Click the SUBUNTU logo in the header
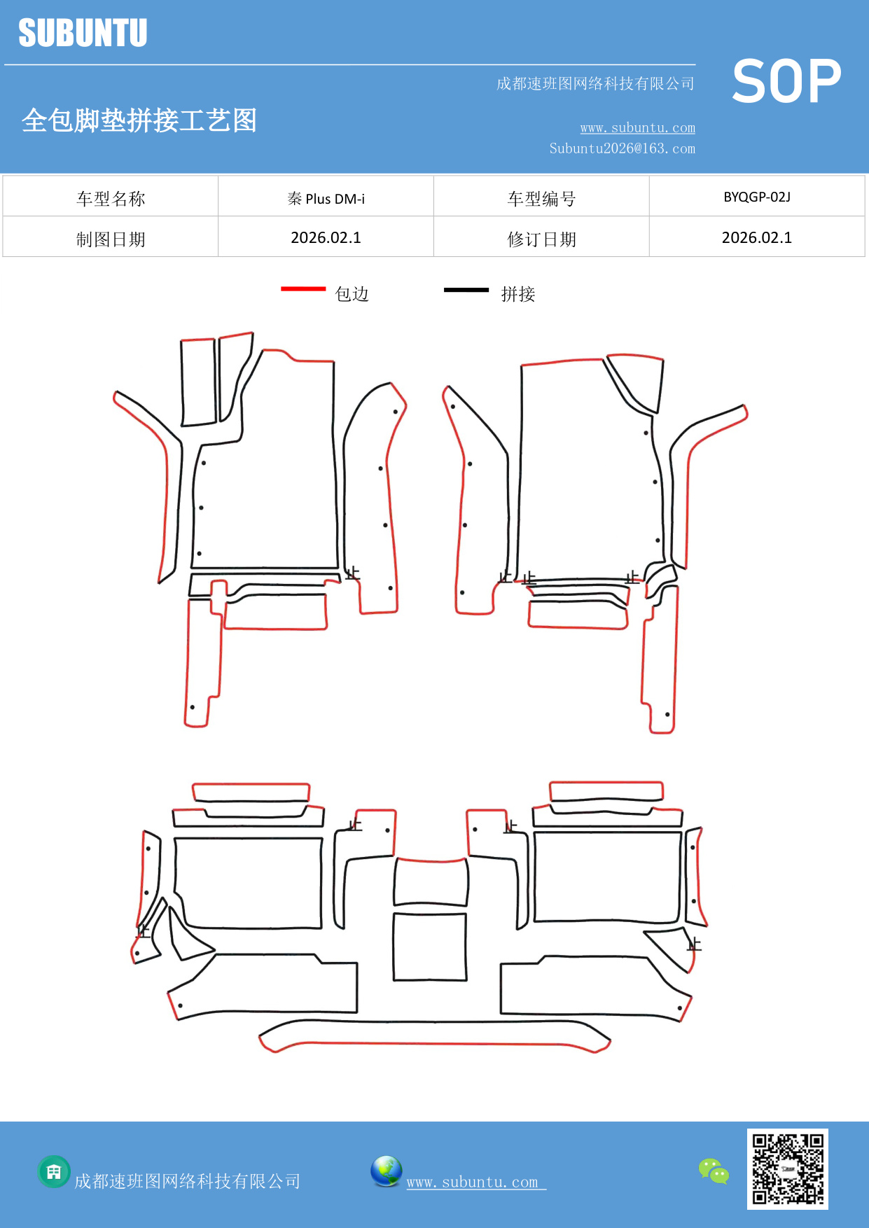click(x=83, y=33)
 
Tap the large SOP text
click(x=786, y=81)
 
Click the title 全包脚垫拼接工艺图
click(x=139, y=120)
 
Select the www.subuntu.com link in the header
click(x=637, y=127)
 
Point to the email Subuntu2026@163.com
click(x=622, y=148)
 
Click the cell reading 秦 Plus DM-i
click(x=326, y=199)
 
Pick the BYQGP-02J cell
click(x=756, y=197)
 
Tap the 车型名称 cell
click(x=111, y=199)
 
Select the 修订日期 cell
click(x=541, y=239)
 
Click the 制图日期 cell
click(x=111, y=239)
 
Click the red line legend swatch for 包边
click(x=303, y=288)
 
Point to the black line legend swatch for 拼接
click(x=466, y=289)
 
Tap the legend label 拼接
click(x=517, y=294)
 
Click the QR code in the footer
click(x=787, y=1168)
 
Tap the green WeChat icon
click(x=714, y=1171)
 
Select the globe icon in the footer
click(x=386, y=1171)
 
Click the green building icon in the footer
click(x=54, y=1171)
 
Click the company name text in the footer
click(x=187, y=1181)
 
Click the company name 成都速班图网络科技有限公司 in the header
click(x=595, y=84)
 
